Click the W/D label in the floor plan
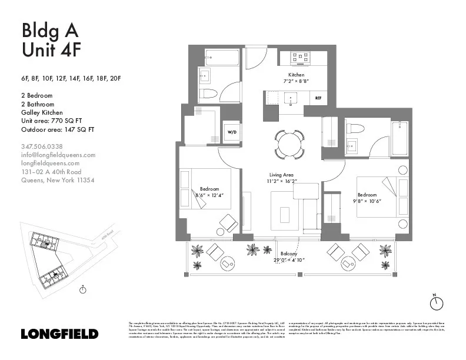click(x=232, y=133)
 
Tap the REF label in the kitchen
click(x=318, y=98)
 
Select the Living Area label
click(x=281, y=175)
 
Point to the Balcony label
click(x=288, y=254)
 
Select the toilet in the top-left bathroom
click(x=209, y=94)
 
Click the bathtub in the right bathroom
click(x=400, y=138)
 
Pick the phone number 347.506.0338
click(x=42, y=146)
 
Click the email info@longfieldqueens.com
click(x=58, y=155)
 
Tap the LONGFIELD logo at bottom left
click(x=59, y=334)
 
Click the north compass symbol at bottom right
click(x=436, y=303)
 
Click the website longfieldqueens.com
click(x=50, y=163)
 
